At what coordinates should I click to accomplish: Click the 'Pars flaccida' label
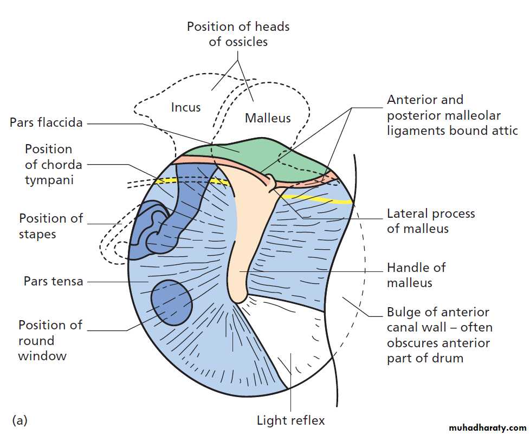(46, 122)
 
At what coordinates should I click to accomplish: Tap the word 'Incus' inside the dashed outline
(186, 107)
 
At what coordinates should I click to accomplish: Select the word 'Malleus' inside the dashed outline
(268, 118)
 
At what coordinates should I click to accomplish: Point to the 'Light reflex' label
(290, 420)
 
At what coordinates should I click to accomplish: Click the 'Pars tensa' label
(53, 281)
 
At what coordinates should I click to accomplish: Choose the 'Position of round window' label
(50, 340)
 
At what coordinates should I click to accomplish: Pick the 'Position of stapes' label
(51, 226)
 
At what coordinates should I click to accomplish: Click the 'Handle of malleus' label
(416, 275)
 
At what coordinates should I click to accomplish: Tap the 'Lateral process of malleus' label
(430, 221)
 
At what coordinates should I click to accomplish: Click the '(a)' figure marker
(20, 419)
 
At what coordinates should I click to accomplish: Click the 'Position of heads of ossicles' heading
(238, 34)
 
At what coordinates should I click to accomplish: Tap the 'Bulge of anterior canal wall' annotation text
(439, 335)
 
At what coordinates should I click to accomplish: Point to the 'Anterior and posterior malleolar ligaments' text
(452, 115)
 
